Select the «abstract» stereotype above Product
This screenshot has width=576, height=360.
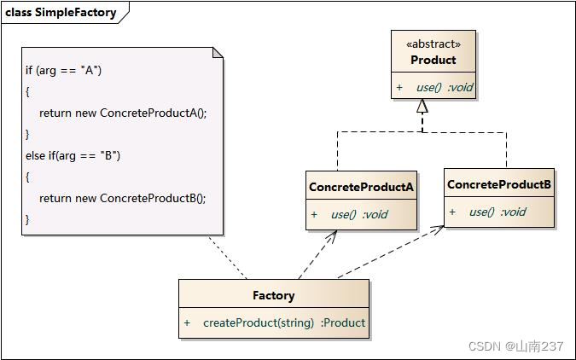point(433,44)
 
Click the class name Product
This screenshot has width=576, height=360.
point(433,60)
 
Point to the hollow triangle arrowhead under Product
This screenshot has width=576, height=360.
point(422,107)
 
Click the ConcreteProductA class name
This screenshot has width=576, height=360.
point(361,187)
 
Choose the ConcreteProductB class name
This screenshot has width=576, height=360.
point(499,184)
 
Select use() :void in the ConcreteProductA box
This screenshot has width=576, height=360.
point(358,214)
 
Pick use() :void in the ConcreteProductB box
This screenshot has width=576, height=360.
point(497,212)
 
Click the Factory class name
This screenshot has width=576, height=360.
point(273,295)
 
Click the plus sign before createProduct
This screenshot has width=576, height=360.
point(187,322)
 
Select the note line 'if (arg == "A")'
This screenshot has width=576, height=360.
point(64,70)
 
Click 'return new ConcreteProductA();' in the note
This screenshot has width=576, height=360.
point(123,113)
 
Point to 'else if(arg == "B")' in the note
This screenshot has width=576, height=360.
point(73,155)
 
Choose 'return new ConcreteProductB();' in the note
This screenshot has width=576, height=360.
point(123,198)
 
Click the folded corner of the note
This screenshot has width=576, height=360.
point(218,53)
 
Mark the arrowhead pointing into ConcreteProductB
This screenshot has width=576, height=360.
point(439,228)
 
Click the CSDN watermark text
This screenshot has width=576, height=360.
point(515,345)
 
